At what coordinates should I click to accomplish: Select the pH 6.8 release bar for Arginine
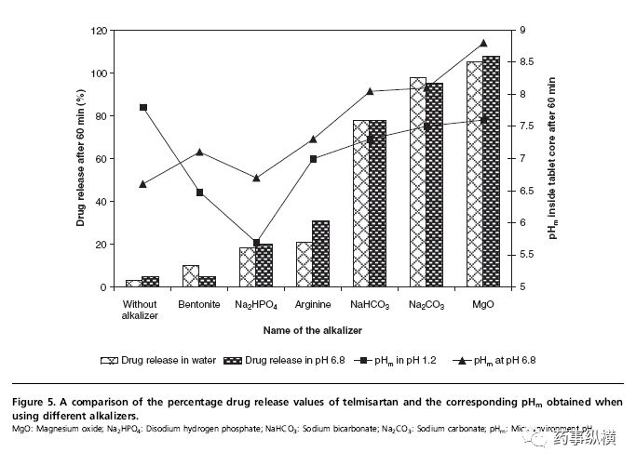tap(321, 254)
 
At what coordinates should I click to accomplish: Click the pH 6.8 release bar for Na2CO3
tap(435, 185)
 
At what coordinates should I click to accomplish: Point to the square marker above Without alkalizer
tap(143, 107)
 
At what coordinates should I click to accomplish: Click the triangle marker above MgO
tap(483, 43)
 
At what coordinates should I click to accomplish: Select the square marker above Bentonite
tap(200, 193)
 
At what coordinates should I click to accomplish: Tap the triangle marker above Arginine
tap(313, 139)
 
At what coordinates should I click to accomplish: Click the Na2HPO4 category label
tap(256, 304)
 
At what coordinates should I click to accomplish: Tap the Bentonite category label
tap(199, 304)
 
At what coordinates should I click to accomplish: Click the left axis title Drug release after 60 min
tap(81, 159)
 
